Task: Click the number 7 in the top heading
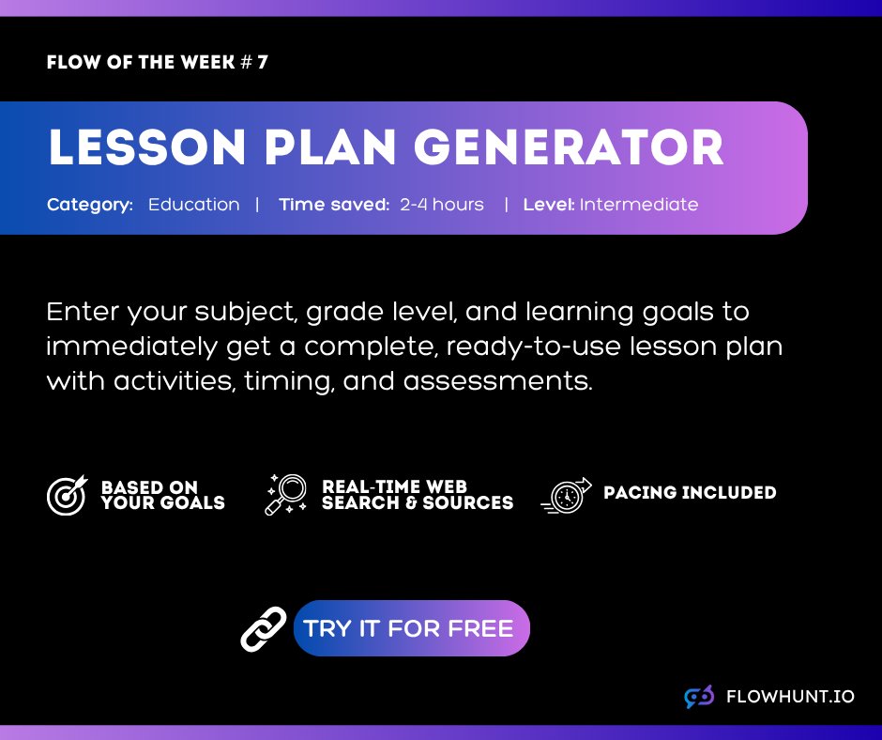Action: click(262, 63)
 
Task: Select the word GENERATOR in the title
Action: click(569, 148)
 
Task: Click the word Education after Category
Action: click(193, 204)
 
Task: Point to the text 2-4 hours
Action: click(442, 204)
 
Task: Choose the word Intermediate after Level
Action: click(639, 204)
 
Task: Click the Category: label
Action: click(90, 204)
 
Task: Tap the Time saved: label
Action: click(334, 204)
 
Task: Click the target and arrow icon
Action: click(67, 495)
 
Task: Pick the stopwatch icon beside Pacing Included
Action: click(568, 496)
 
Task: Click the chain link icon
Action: click(264, 628)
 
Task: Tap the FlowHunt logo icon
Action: click(699, 697)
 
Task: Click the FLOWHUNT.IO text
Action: click(790, 697)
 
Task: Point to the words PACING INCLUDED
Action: click(690, 493)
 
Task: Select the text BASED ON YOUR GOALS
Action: click(162, 495)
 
